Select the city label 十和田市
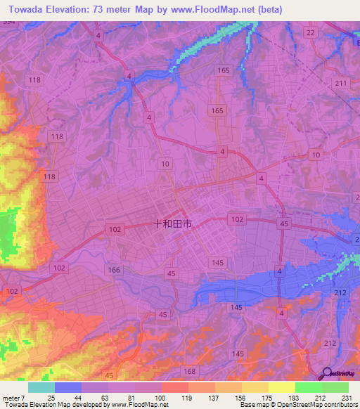pos(172,225)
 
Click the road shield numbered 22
pos(311,33)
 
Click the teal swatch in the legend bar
pos(41,387)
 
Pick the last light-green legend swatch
pos(335,387)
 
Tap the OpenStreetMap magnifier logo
pos(327,375)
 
